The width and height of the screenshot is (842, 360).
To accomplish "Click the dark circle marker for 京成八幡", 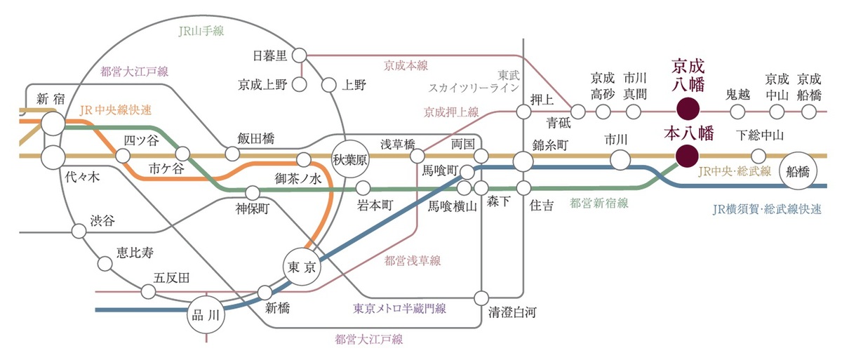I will [686, 110].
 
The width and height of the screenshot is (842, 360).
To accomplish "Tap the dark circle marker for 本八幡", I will [686, 156].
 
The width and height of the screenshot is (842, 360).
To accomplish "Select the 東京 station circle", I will [305, 267].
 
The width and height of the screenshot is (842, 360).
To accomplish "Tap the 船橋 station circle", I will [801, 171].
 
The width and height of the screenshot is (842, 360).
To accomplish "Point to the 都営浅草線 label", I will [413, 261].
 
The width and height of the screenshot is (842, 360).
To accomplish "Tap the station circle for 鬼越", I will [737, 111].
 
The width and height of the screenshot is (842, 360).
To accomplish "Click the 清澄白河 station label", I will [512, 313].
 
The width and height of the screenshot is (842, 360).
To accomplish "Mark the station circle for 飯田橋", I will [232, 154].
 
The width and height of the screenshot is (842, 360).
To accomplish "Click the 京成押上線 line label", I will [451, 112].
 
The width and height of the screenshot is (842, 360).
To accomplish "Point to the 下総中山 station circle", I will [758, 156].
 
